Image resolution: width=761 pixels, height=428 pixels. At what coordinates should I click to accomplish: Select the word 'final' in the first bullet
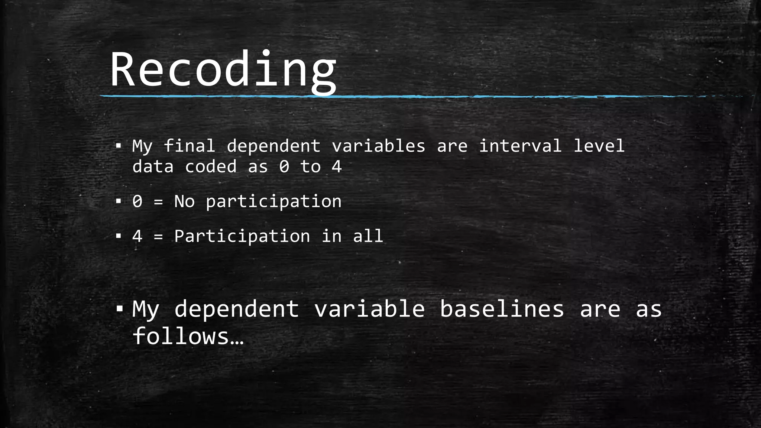pos(189,146)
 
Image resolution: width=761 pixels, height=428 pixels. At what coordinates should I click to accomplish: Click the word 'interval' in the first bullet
pos(520,146)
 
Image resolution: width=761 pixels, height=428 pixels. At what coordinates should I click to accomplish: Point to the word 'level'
pos(599,146)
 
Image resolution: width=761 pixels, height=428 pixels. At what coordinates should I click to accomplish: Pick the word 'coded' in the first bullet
pos(211,166)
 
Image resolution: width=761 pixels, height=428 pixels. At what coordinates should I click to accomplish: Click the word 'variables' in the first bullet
pos(378,146)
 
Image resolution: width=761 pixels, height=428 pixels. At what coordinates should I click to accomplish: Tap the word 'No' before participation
pos(184,201)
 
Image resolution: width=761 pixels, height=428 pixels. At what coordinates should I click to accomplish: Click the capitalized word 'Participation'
pos(242,236)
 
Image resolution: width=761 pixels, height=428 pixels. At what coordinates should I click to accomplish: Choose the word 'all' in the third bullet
pos(368,236)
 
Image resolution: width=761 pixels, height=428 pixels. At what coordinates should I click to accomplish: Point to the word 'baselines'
pos(502,309)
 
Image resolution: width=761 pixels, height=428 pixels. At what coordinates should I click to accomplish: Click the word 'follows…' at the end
pos(188,336)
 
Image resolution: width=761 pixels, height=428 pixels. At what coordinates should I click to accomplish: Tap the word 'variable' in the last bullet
pos(369,309)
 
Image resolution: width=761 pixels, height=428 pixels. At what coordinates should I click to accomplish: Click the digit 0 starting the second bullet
pos(137,201)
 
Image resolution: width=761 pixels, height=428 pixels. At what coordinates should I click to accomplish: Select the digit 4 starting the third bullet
pos(137,236)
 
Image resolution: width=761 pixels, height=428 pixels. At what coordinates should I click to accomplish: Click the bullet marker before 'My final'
pos(118,146)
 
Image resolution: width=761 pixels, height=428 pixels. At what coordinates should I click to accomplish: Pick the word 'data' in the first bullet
pos(153,166)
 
